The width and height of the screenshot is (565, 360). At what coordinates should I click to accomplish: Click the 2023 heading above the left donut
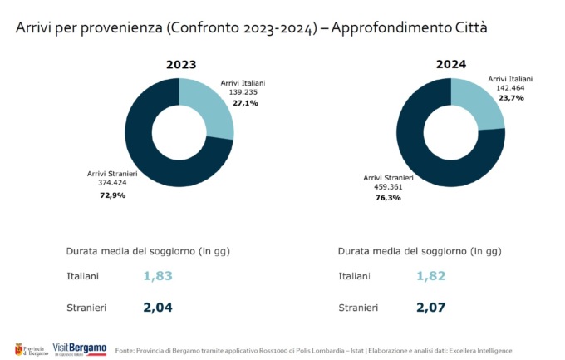point(180,64)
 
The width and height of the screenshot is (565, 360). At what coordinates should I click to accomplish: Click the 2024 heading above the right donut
point(452,64)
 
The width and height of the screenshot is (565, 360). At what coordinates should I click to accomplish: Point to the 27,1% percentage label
point(245,103)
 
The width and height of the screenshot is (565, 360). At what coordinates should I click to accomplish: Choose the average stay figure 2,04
point(159,308)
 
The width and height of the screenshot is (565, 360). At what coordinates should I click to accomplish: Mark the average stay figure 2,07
point(431,308)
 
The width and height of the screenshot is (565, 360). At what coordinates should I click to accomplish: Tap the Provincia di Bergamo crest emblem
point(17,348)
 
